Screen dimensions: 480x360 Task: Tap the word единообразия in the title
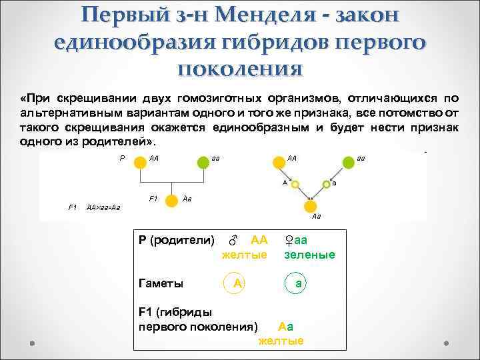[x=138, y=41]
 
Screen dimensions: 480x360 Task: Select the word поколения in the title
[x=240, y=67]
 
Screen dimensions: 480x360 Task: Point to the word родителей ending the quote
[x=125, y=143]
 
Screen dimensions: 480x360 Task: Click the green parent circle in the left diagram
[x=203, y=162]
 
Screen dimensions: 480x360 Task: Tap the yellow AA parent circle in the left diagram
[x=139, y=162]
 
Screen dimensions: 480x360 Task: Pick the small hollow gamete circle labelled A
[x=296, y=183]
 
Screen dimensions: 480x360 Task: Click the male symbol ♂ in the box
[x=233, y=240]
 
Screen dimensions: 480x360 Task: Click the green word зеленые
[x=309, y=255]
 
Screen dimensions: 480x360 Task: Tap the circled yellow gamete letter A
[x=236, y=283]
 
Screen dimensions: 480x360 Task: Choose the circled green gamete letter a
[x=299, y=283]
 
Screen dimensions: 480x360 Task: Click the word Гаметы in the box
[x=161, y=283]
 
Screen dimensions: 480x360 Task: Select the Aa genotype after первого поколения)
[x=285, y=327]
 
